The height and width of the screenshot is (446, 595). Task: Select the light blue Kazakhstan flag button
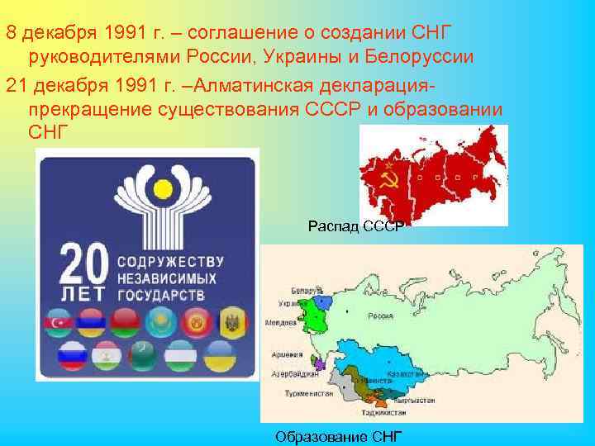[159, 321]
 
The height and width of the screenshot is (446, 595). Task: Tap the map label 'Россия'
[381, 316]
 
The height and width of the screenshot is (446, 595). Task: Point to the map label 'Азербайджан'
[293, 374]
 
